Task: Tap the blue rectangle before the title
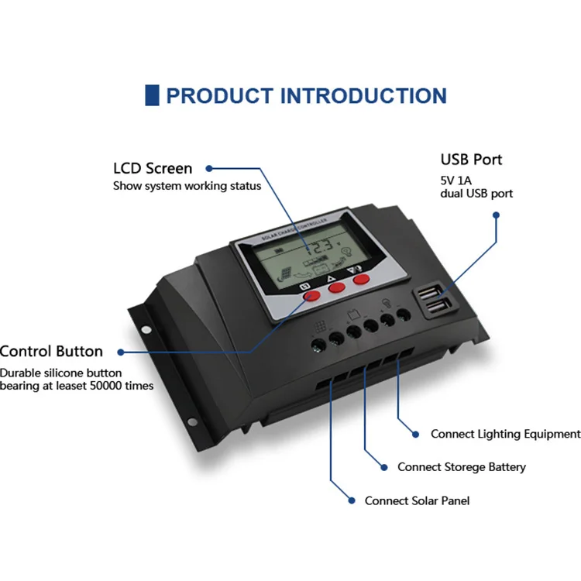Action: pyautogui.click(x=152, y=95)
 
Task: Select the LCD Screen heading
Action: pyautogui.click(x=153, y=168)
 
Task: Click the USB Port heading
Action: pyautogui.click(x=471, y=160)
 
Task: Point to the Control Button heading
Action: pyautogui.click(x=51, y=352)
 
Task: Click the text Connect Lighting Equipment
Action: pyautogui.click(x=505, y=435)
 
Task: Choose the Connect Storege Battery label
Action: pyautogui.click(x=461, y=467)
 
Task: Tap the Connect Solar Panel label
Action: pyautogui.click(x=417, y=501)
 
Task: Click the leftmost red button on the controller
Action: pyautogui.click(x=311, y=295)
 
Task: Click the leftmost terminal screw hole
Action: pyautogui.click(x=318, y=342)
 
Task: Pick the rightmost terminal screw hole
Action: pyautogui.click(x=403, y=316)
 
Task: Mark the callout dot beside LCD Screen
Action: pyautogui.click(x=208, y=168)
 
